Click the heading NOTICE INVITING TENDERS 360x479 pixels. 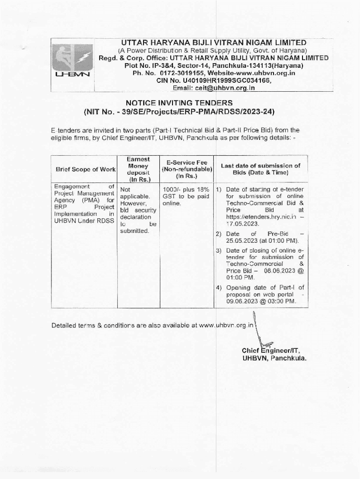(179, 103)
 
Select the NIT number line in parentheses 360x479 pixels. (179, 112)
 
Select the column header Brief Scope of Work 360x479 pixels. (85, 170)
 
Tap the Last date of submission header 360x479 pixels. (260, 169)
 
